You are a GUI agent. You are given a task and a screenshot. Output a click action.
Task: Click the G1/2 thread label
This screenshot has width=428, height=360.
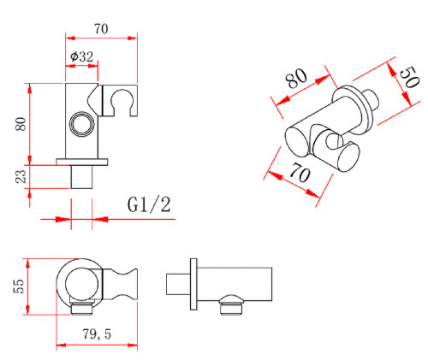coord(149,204)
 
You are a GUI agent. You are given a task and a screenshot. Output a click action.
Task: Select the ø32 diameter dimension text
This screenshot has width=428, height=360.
coord(82,56)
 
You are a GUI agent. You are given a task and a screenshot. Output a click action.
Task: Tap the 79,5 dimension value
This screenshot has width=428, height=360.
coord(97,333)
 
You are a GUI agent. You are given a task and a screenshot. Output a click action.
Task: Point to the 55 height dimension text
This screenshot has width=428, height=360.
coord(19,286)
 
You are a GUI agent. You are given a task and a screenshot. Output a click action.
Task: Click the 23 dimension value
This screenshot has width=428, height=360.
coord(21,176)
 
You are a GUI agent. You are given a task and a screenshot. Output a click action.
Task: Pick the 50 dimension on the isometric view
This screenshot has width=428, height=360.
coord(409,77)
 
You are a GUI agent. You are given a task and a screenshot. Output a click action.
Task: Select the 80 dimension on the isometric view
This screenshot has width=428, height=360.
coord(297,78)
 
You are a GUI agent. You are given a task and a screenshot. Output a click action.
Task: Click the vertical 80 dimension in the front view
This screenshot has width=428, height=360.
coord(21,124)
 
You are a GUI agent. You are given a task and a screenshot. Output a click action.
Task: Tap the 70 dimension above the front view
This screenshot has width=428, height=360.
coord(101,29)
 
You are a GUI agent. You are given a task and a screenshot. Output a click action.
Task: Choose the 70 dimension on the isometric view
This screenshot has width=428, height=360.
coord(300,174)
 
